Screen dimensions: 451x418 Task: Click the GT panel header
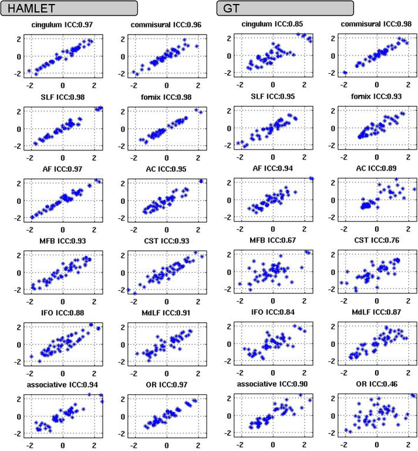[x=284, y=8]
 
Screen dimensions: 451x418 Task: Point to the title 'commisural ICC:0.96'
[x=167, y=25]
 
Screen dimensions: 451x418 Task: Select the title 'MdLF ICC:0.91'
[x=167, y=312]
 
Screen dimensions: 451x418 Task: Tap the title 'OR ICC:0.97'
[x=167, y=384]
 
